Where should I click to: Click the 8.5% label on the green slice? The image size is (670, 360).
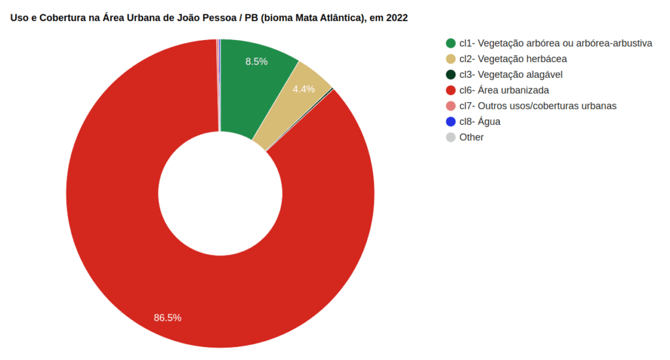[256, 62]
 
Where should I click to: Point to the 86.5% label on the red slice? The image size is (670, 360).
[167, 318]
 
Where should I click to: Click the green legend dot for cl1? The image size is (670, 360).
[450, 43]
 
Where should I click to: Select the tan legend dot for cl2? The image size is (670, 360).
[450, 59]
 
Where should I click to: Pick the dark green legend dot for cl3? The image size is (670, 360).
[450, 75]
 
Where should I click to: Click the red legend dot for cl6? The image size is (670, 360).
[450, 90]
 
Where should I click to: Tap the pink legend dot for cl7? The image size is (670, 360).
[450, 106]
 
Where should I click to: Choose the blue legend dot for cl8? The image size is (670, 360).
[450, 122]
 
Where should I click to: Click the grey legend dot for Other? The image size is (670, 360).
[450, 137]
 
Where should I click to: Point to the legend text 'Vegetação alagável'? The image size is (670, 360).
[520, 75]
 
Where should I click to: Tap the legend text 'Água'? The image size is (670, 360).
[489, 122]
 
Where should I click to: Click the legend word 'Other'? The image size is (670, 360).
[472, 137]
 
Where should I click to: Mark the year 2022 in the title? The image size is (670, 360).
[397, 18]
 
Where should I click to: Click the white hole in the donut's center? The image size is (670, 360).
[220, 194]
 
